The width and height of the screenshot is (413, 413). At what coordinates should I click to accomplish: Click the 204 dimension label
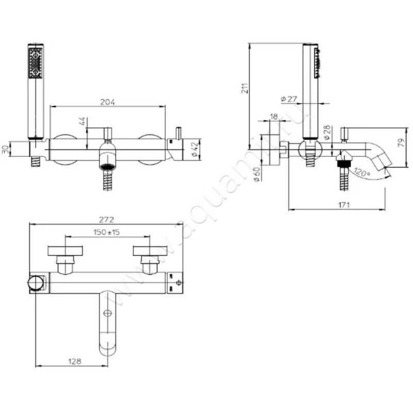107,102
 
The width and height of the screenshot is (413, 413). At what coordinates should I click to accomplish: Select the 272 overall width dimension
106,219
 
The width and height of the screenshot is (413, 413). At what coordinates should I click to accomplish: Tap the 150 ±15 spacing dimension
106,232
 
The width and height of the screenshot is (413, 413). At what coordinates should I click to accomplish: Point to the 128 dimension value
74,361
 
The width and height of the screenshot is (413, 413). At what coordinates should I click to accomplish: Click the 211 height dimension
245,88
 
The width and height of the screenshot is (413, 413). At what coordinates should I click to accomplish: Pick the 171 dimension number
344,204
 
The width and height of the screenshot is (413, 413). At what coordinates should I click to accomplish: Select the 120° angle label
362,172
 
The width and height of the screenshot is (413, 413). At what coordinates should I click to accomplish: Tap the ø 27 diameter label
289,99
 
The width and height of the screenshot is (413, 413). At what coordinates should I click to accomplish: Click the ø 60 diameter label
257,174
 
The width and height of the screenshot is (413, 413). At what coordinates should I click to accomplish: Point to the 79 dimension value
401,142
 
